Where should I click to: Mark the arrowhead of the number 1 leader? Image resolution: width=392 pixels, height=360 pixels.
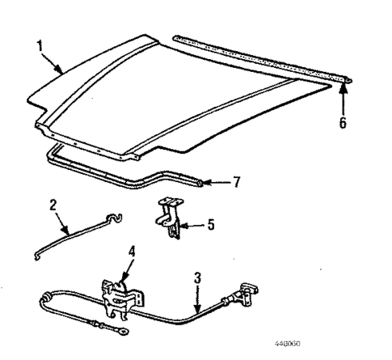[x=63, y=73]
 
